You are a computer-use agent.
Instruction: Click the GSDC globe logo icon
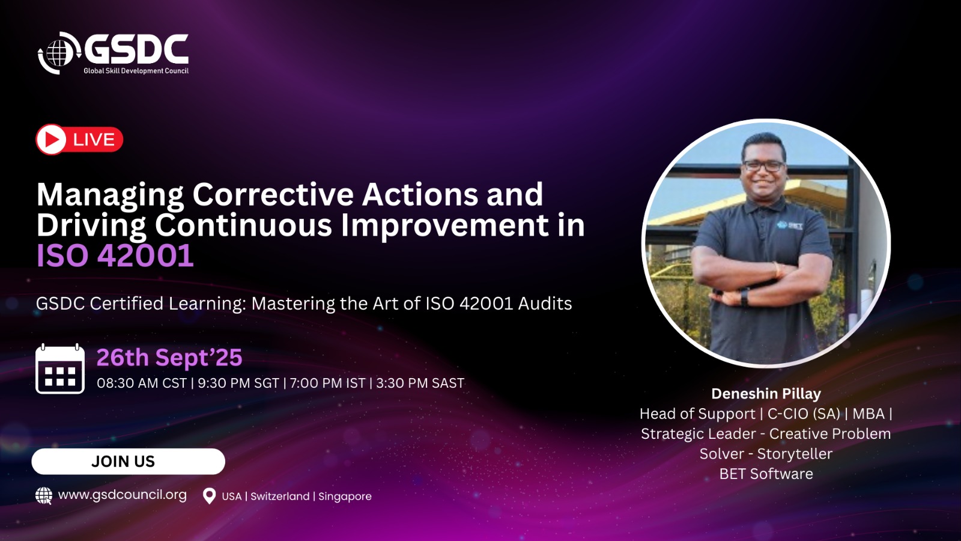[x=59, y=53]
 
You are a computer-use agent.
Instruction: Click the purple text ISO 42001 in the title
[x=115, y=256]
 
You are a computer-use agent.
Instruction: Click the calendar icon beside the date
[x=60, y=369]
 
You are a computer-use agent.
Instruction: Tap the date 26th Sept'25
[x=169, y=357]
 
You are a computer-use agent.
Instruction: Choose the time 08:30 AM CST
[x=142, y=383]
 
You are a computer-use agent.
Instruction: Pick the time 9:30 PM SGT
[x=238, y=383]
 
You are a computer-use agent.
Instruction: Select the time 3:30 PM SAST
[x=420, y=383]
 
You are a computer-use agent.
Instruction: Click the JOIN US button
[x=129, y=462]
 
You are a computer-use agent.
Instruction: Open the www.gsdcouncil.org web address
[x=123, y=495]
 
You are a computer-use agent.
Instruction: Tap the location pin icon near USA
[x=209, y=496]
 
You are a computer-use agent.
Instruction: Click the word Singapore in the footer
[x=345, y=497]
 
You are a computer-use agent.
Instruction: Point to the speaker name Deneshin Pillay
[x=766, y=394]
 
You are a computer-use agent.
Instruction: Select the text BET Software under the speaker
[x=766, y=474]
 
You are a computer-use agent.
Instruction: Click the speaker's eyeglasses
[x=763, y=165]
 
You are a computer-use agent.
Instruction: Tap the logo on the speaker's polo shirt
[x=789, y=225]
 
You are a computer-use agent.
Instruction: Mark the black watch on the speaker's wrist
[x=745, y=297]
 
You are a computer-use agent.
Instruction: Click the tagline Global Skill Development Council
[x=136, y=71]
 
